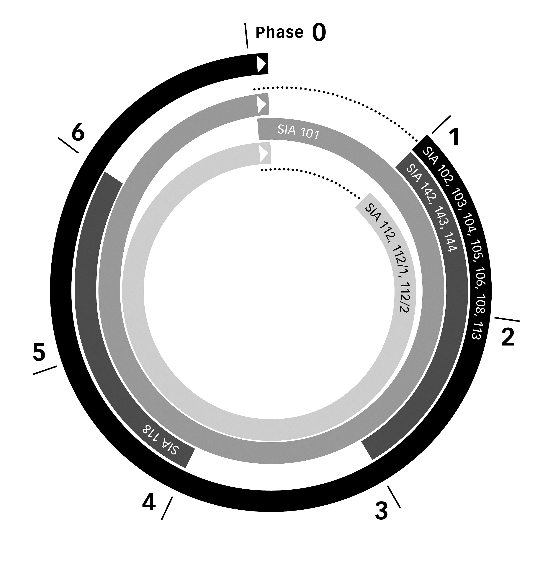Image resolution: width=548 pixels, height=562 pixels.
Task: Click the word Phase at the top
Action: click(x=279, y=32)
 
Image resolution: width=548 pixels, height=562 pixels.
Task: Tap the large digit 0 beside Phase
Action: click(x=319, y=32)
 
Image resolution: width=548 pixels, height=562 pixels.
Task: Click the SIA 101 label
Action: click(x=298, y=132)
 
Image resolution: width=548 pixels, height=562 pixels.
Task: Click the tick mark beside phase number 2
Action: click(x=507, y=319)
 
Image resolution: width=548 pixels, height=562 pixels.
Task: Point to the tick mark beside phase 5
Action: click(x=45, y=370)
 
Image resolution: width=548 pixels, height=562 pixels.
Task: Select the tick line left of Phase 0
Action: click(x=246, y=35)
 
